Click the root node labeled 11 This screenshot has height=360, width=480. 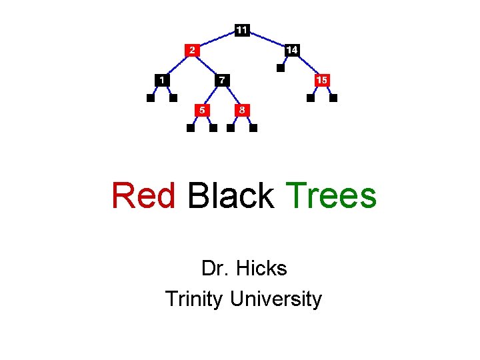click(242, 30)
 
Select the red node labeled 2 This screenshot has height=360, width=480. click(191, 50)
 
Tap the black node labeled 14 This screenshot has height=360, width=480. click(292, 50)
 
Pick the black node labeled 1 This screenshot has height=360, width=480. click(161, 80)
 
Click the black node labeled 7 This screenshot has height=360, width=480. click(222, 80)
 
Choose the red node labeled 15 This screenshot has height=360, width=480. click(322, 80)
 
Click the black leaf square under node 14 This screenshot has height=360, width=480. click(281, 67)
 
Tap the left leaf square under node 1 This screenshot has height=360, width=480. click(151, 98)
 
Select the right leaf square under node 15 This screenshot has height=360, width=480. click(334, 98)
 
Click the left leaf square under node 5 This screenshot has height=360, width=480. click(191, 128)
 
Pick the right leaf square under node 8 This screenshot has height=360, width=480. click(253, 128)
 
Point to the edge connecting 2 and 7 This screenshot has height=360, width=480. click(207, 65)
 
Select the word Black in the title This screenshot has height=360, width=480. click(231, 196)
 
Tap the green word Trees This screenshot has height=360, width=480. click(331, 196)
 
